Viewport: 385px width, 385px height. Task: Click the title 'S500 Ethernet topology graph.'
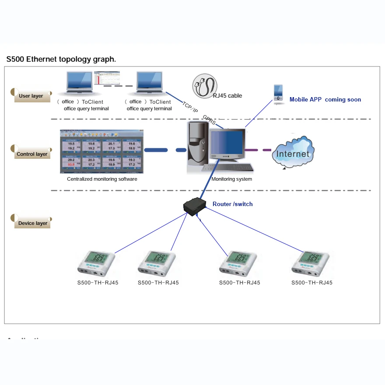tap(61, 59)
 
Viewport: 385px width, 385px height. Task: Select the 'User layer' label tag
tap(31, 96)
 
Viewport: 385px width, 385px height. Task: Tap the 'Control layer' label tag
tap(31, 154)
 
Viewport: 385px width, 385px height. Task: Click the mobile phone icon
tap(278, 94)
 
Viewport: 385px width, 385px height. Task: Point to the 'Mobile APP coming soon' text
tap(325, 100)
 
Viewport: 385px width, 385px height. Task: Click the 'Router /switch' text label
tap(232, 204)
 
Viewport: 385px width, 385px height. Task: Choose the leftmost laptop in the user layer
tap(79, 83)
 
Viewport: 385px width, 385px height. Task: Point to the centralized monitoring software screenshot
tap(101, 151)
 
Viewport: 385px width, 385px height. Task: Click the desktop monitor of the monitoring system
tap(227, 145)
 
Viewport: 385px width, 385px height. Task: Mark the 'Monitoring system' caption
tap(231, 179)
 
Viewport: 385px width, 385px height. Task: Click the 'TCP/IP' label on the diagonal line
tap(190, 107)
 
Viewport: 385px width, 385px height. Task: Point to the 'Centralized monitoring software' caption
tap(102, 179)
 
